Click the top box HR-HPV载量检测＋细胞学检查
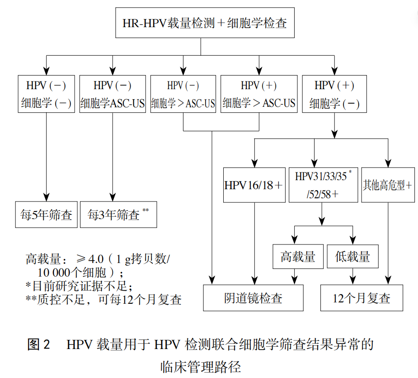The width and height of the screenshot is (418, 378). click(x=204, y=23)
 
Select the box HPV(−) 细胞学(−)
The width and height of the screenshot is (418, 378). click(x=46, y=94)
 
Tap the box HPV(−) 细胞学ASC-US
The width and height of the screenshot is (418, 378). click(x=113, y=94)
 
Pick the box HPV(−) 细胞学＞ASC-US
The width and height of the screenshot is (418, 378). click(x=183, y=94)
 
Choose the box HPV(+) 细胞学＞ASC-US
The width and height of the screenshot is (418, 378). click(x=259, y=94)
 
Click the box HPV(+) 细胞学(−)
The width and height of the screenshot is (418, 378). click(x=334, y=94)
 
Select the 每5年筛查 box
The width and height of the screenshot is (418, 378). click(x=46, y=214)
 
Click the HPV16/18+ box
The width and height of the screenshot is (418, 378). click(x=254, y=185)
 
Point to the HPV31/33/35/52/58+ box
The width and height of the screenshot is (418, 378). click(x=322, y=185)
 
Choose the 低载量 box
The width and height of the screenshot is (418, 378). click(x=352, y=257)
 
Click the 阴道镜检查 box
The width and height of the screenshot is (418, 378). click(x=253, y=298)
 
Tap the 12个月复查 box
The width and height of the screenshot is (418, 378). click(x=362, y=298)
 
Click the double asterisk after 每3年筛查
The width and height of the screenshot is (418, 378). click(x=146, y=211)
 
